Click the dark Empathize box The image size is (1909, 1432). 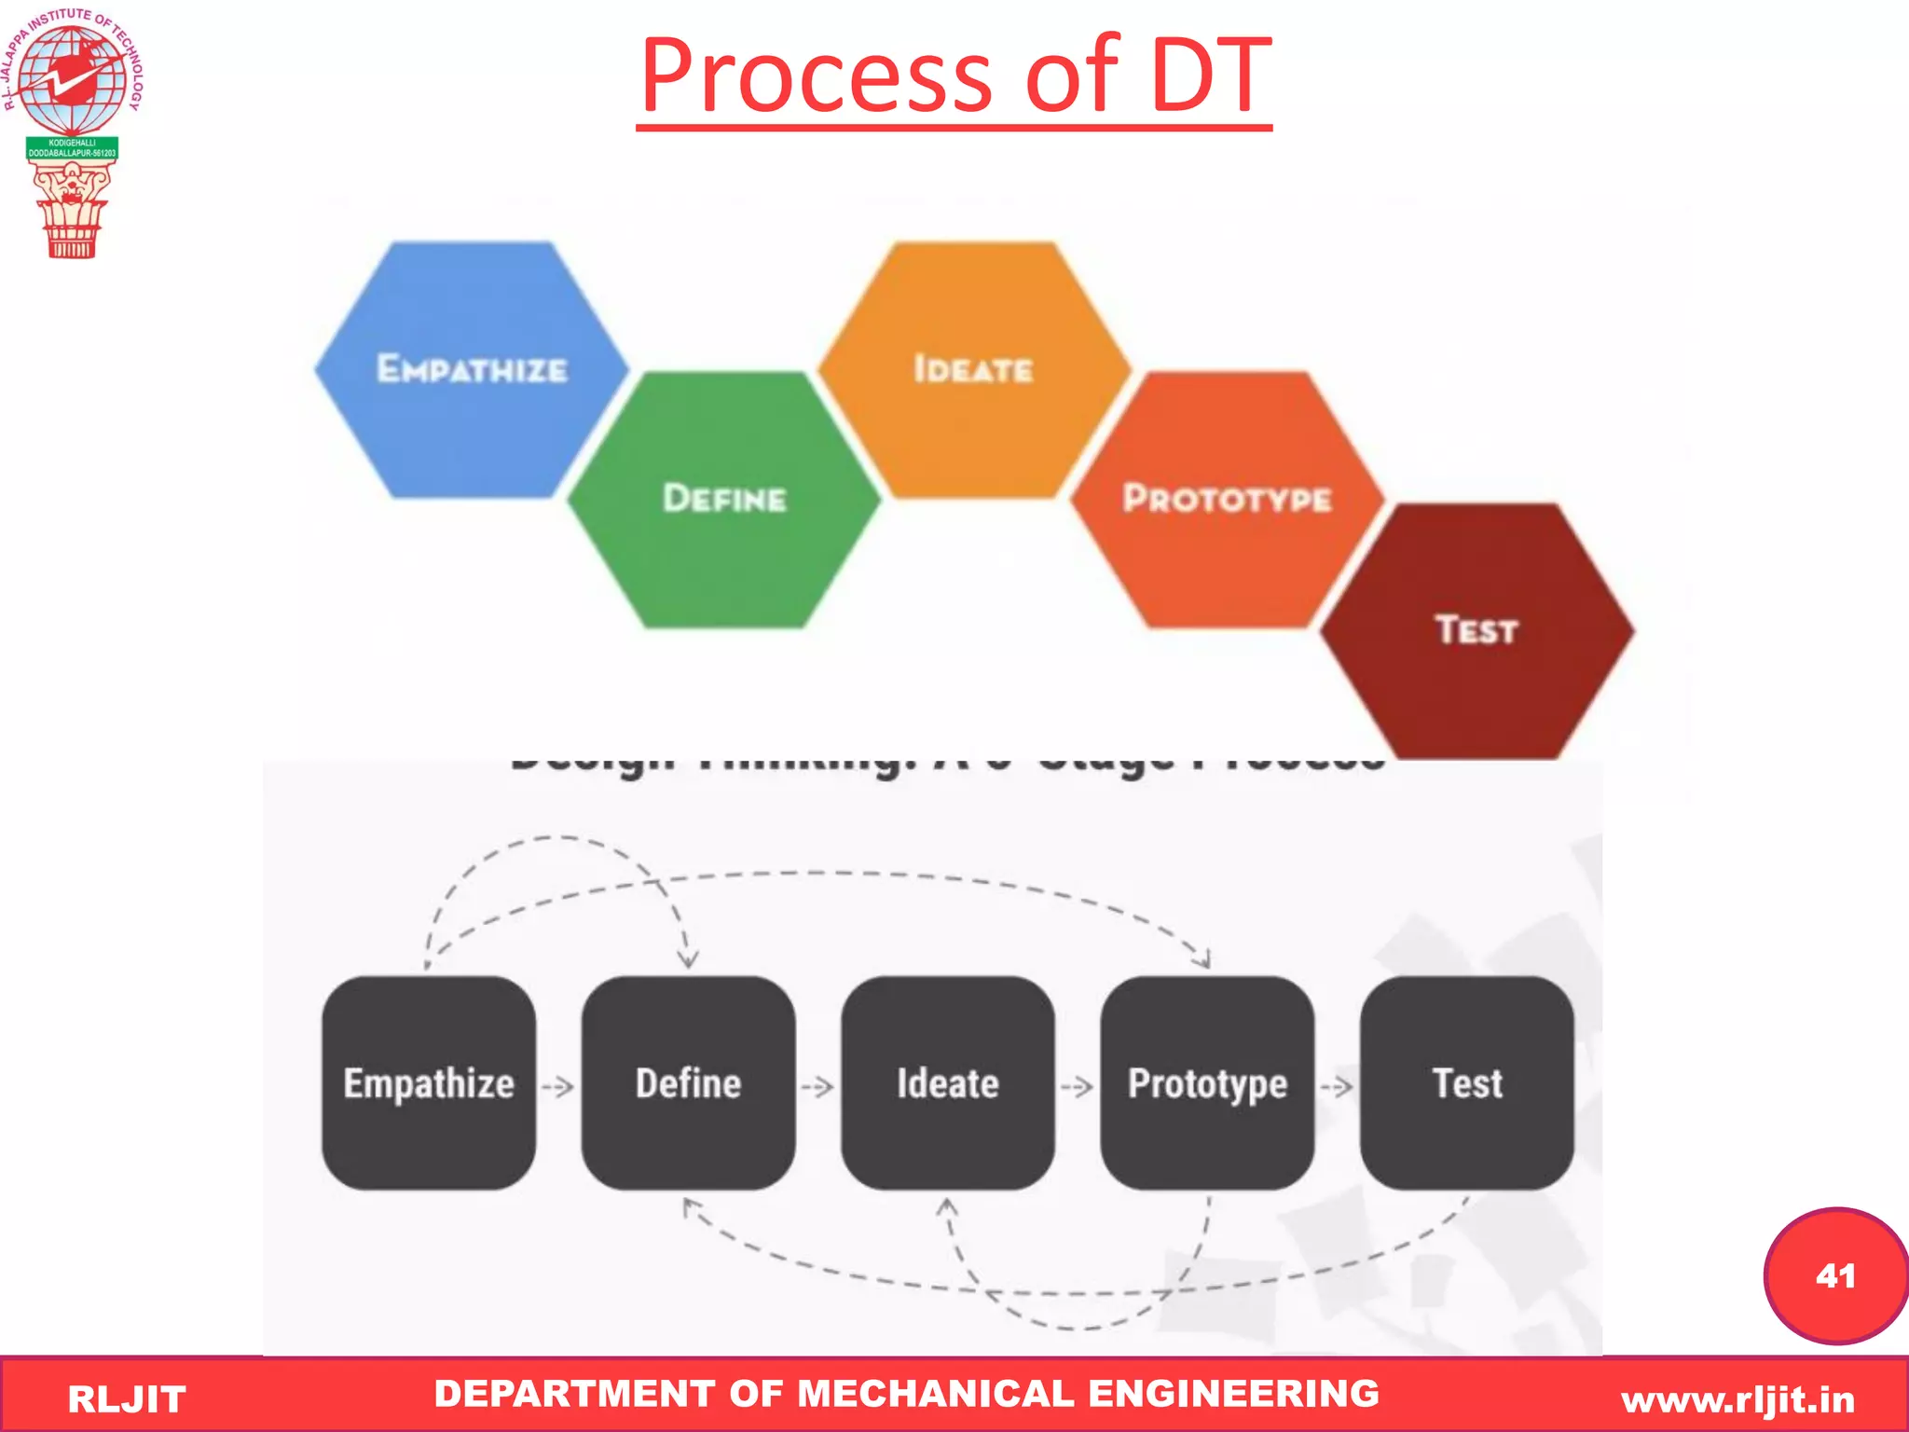click(x=429, y=1083)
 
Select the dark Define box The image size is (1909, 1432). click(x=688, y=1083)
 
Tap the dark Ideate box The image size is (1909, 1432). click(x=947, y=1083)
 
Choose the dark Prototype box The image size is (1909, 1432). click(x=1207, y=1083)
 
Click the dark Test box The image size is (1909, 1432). click(x=1467, y=1083)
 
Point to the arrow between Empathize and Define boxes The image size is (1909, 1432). click(x=557, y=1087)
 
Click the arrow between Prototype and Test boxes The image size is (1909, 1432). click(x=1337, y=1087)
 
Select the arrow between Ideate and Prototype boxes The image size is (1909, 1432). click(x=1077, y=1087)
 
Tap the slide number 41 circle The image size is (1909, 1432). click(x=1834, y=1275)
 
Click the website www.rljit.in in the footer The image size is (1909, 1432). click(x=1737, y=1399)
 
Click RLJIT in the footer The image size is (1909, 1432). click(x=127, y=1399)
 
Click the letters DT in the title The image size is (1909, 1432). click(x=1211, y=76)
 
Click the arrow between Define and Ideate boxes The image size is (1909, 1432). click(x=817, y=1087)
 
